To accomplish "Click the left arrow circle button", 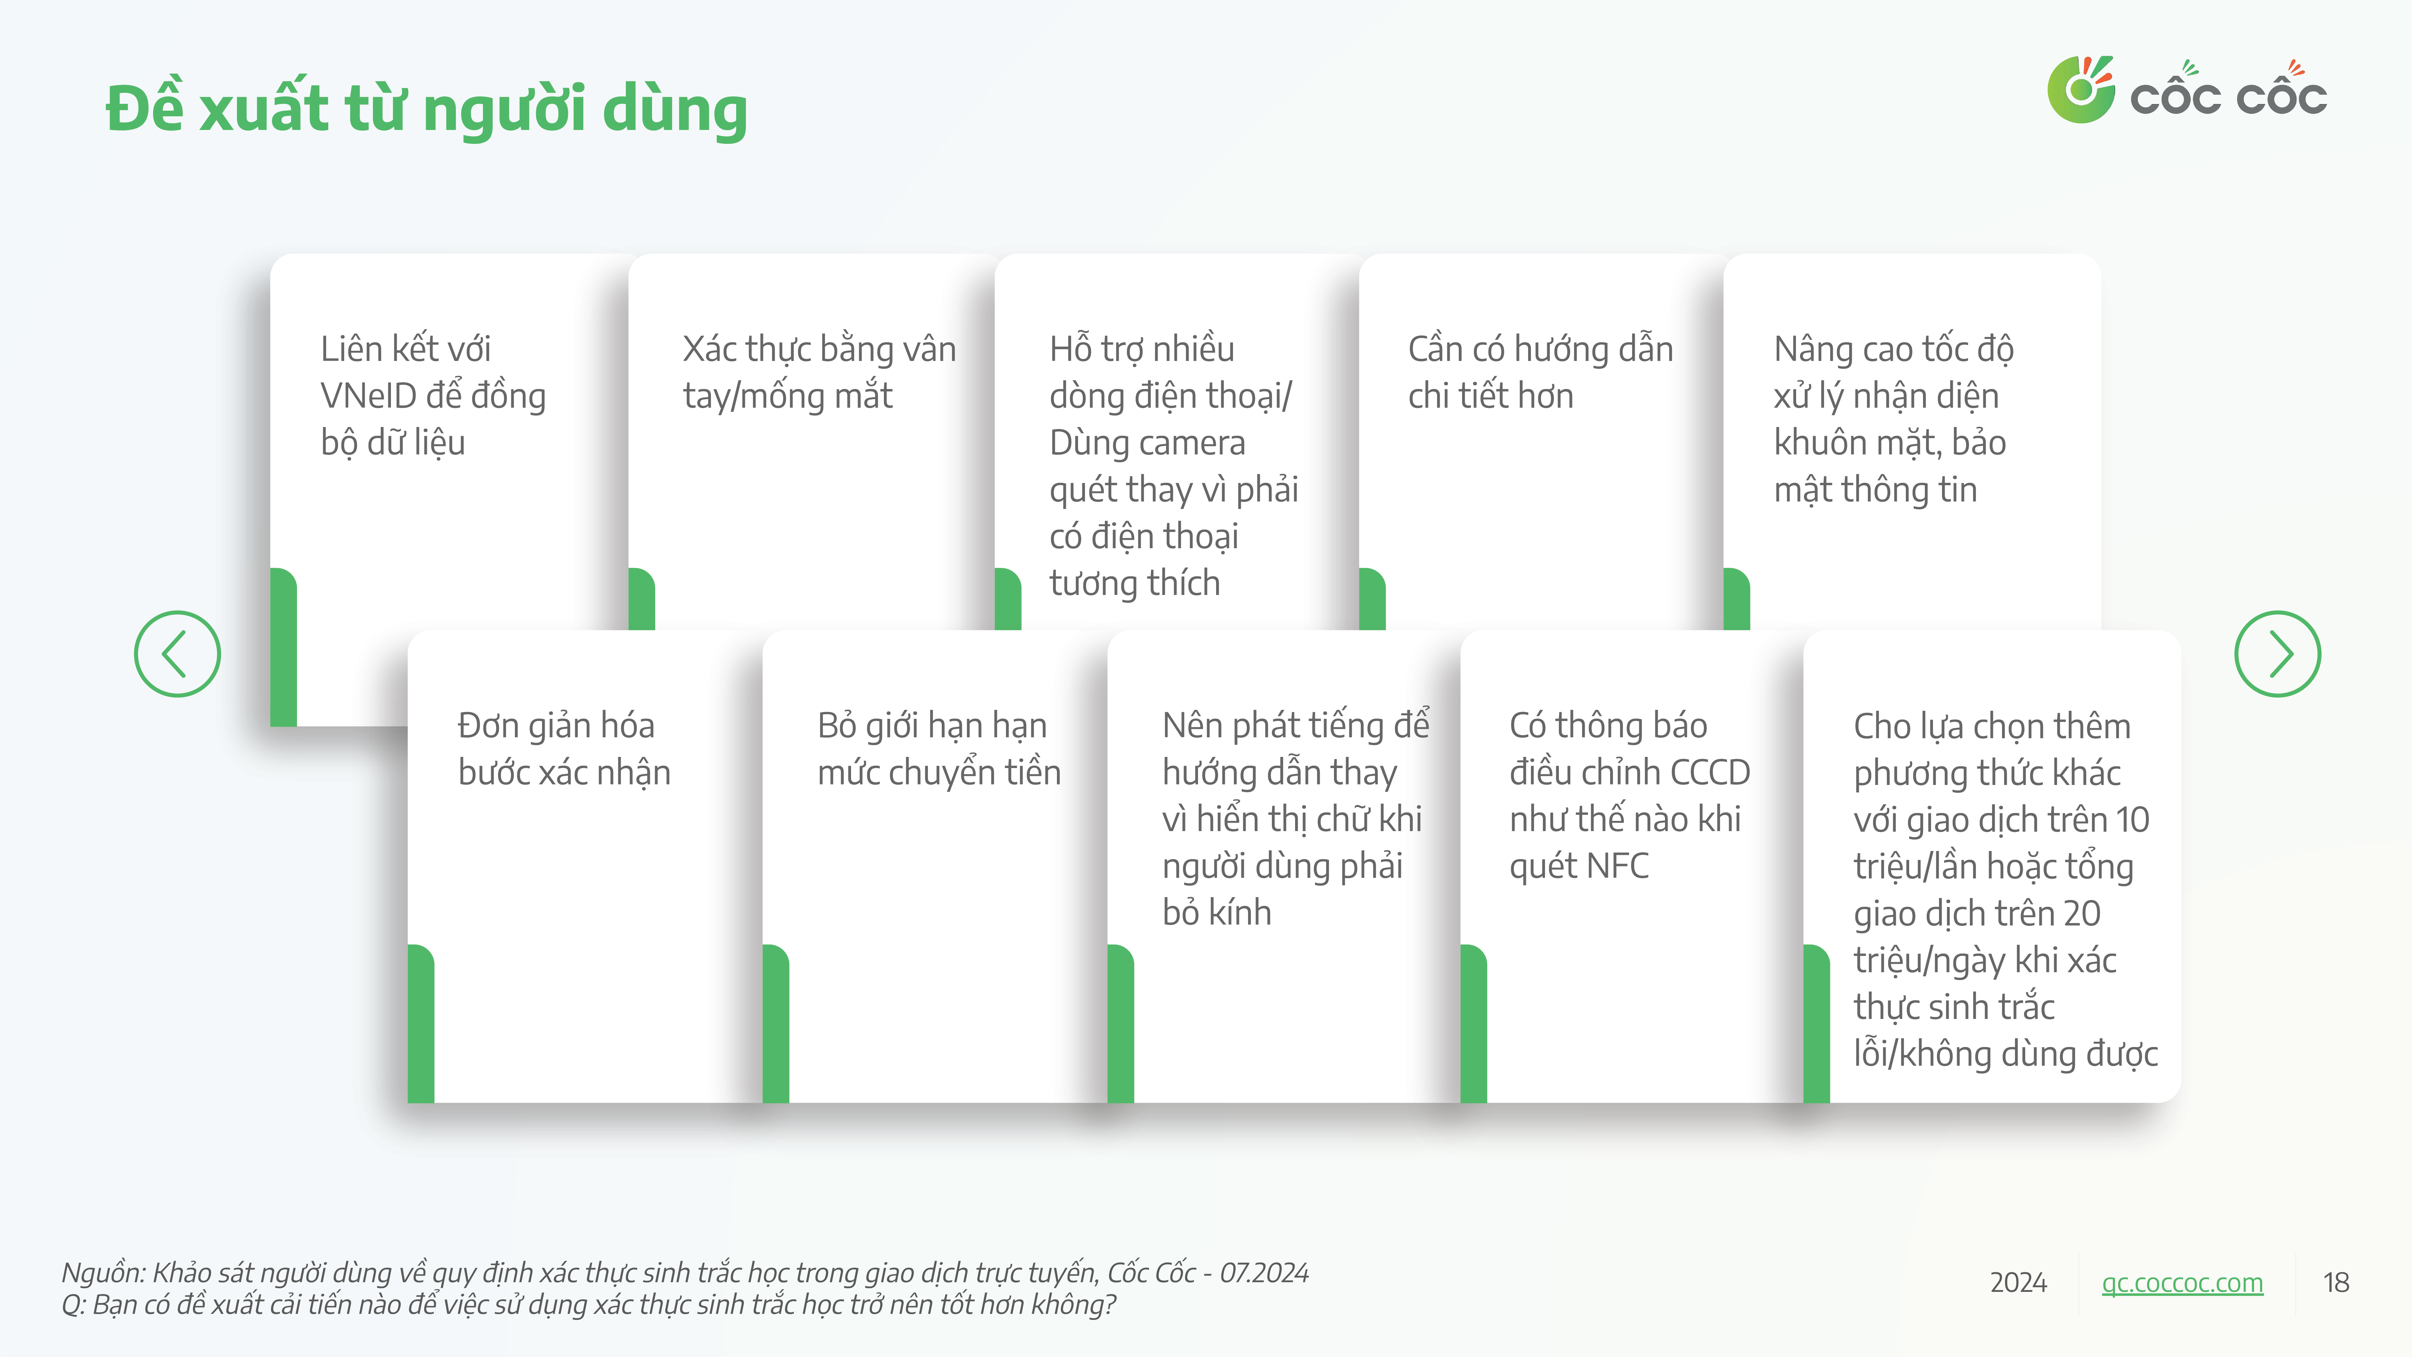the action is pyautogui.click(x=177, y=654).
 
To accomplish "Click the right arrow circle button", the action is pyautogui.click(x=2277, y=654).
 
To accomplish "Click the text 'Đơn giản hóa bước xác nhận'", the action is pyautogui.click(x=564, y=748).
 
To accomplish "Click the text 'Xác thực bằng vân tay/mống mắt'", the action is pyautogui.click(x=819, y=372).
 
